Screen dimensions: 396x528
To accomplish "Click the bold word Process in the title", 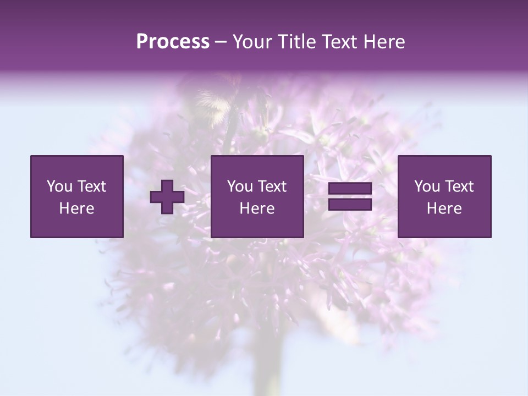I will tap(173, 42).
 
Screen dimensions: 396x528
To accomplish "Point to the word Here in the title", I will tap(384, 42).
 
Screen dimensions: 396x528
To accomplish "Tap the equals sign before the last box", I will tap(350, 197).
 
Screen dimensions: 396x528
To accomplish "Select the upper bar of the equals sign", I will tap(350, 189).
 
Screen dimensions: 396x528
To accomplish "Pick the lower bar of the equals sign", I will tap(350, 204).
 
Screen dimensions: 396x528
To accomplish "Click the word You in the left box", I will tap(59, 186).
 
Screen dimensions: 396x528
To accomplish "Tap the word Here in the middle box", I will tap(257, 208).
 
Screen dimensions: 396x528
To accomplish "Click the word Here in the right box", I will tap(444, 208).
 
